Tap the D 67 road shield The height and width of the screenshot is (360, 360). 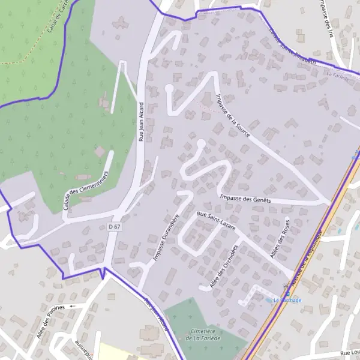pos(115,227)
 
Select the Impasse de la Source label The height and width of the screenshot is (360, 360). pos(231,114)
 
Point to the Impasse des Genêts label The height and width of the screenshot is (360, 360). pos(245,199)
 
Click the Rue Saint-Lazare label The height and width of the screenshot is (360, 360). pos(216,221)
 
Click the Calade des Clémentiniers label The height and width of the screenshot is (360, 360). pos(85,190)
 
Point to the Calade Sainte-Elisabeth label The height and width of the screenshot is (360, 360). pos(292,50)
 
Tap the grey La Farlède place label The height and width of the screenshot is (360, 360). pos(337,74)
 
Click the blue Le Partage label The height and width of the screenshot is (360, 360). pos(287,300)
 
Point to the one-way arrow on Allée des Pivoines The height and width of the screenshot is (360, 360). pos(73,306)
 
